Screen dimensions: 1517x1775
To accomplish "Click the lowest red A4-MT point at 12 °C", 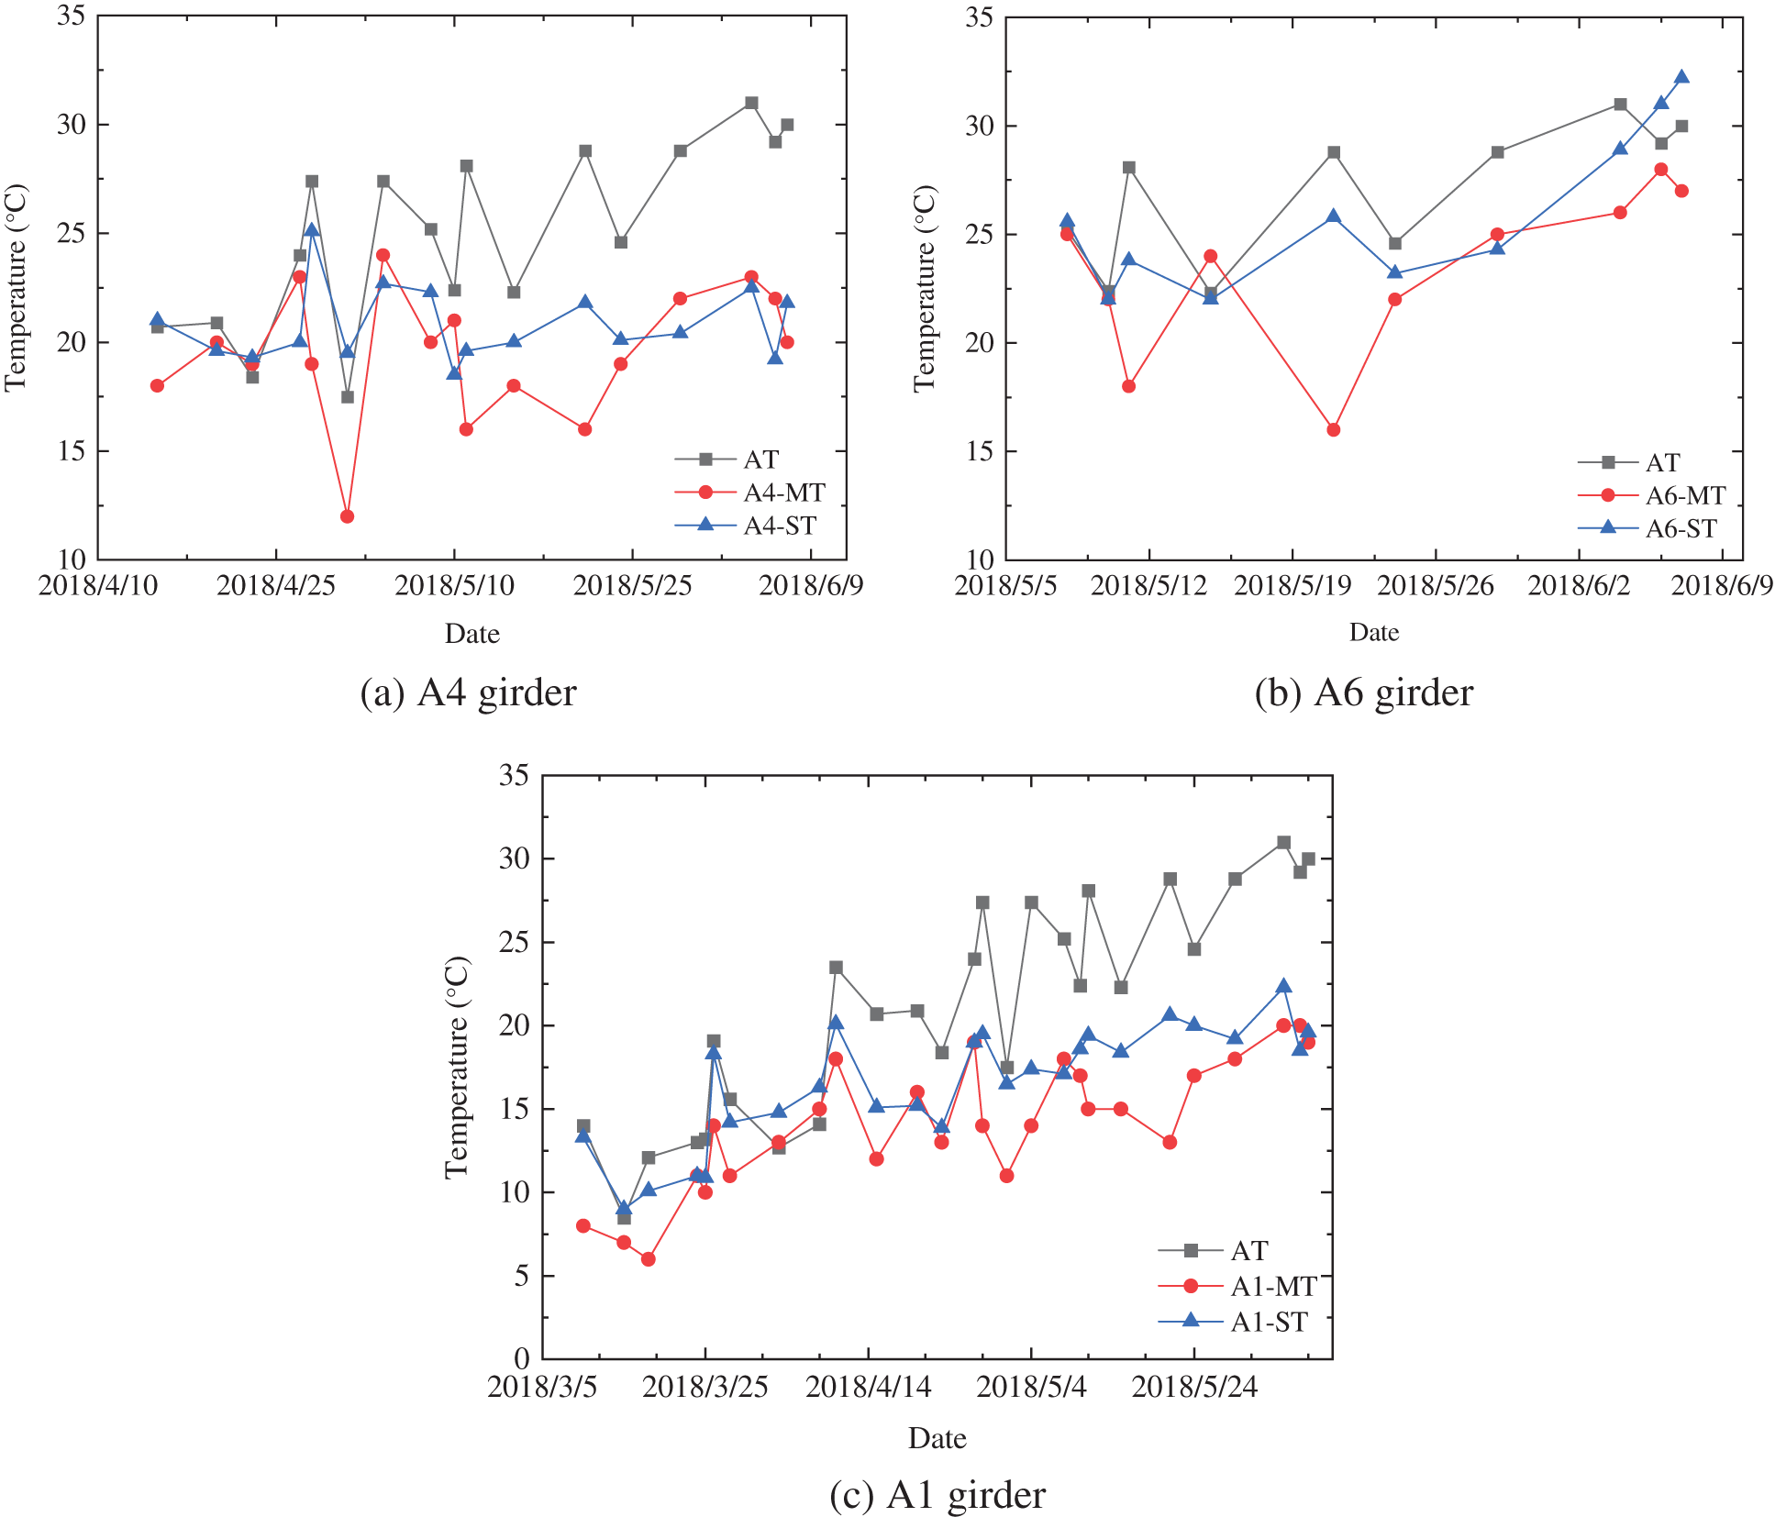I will click(347, 516).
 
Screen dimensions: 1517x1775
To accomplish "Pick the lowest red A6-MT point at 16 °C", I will click(1333, 429).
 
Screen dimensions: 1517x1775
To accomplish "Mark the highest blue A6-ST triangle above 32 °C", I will click(1681, 77).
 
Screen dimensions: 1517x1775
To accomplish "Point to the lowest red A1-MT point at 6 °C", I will click(648, 1259).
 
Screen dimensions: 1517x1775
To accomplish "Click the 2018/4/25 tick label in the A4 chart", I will click(275, 586).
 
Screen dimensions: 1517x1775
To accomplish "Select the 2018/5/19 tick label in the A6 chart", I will click(1292, 586).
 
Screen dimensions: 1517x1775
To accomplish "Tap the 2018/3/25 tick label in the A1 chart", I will click(704, 1387).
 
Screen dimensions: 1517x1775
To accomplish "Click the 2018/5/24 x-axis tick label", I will click(1194, 1387).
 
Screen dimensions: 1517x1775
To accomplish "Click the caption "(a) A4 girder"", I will click(468, 693).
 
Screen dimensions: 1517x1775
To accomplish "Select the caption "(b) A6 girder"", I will click(1363, 693).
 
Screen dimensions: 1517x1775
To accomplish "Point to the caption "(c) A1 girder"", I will click(937, 1496).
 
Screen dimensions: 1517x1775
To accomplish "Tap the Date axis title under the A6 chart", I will click(1373, 633).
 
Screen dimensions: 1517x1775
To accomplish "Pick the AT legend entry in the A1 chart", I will click(1248, 1251).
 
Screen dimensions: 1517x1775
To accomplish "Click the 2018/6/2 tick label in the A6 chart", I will click(1578, 586).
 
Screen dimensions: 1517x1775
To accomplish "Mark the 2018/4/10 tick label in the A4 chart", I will click(97, 586).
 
